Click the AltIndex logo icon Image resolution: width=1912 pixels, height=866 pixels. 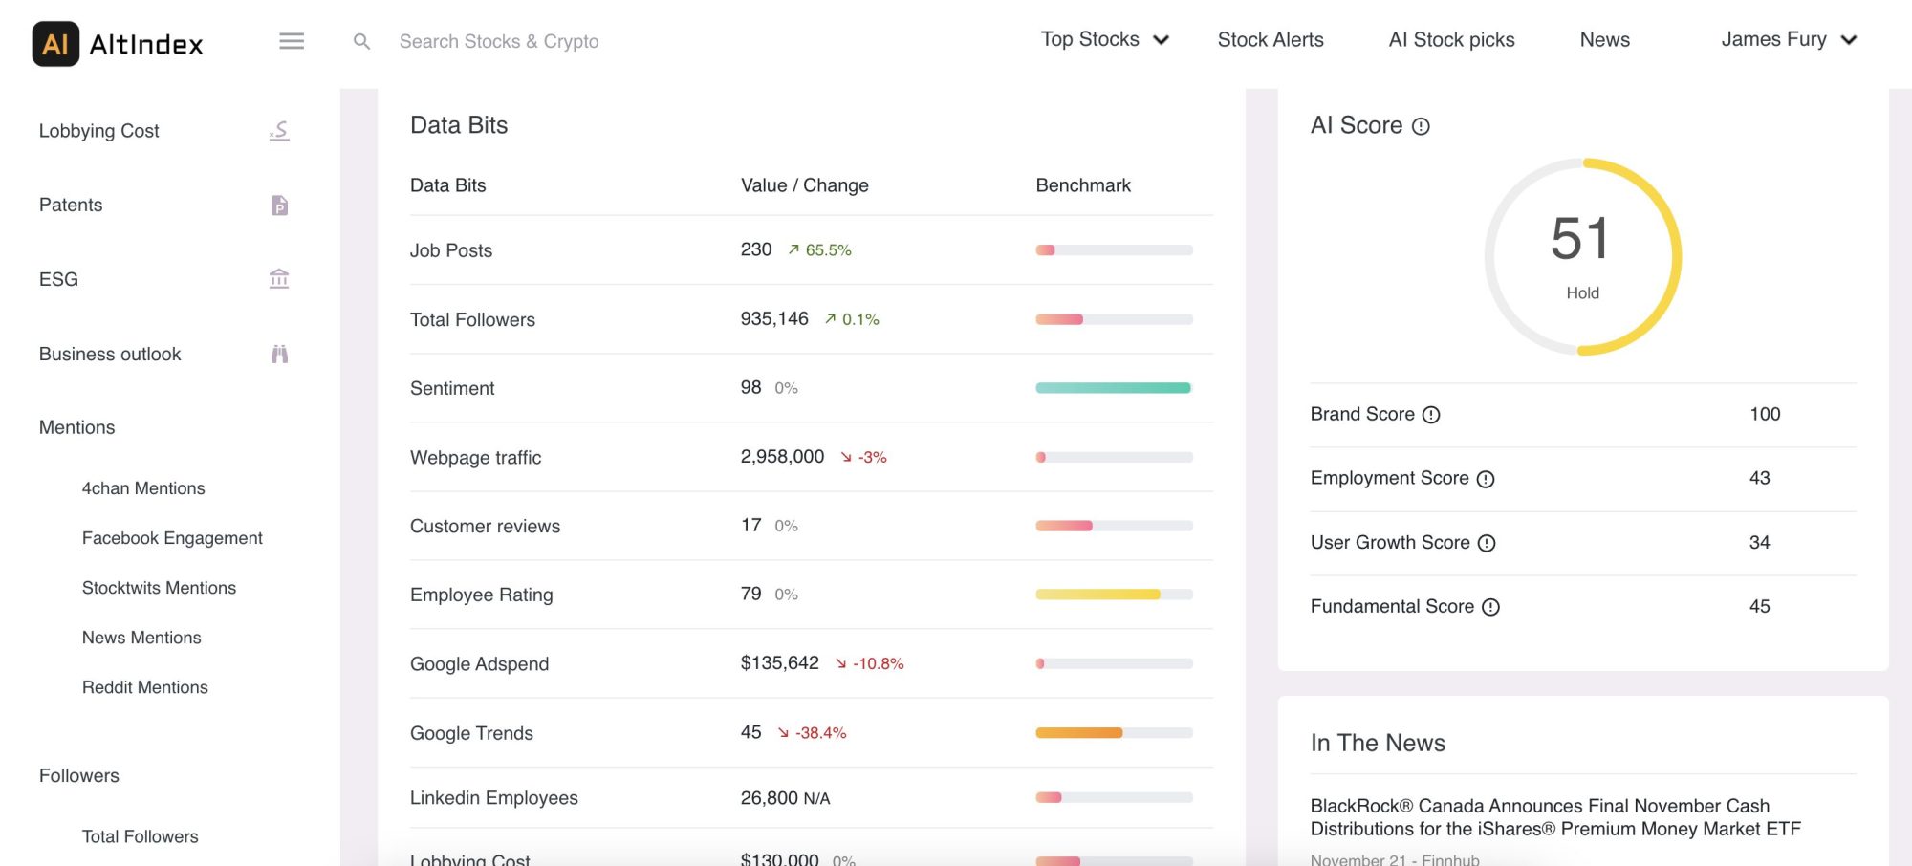point(55,44)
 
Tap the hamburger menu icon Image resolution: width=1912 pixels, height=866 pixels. point(292,41)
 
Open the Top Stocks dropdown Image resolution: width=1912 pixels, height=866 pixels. point(1104,40)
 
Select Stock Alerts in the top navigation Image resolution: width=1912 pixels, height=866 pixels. point(1271,40)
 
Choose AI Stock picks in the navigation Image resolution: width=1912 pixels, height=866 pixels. point(1451,40)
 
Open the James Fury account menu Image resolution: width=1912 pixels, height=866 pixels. point(1788,40)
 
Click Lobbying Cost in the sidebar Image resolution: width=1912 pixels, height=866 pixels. point(99,131)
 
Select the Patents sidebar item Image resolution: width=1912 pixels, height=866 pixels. point(71,205)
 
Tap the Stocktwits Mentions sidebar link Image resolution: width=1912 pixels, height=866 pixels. point(159,588)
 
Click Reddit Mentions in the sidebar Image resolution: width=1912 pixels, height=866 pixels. point(145,687)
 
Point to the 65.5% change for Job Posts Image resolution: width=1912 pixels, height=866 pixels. point(828,250)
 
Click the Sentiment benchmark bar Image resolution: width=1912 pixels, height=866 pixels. point(1114,388)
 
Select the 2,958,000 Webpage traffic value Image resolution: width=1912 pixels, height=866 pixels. point(782,457)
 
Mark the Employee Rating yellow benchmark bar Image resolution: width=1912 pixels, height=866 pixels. point(1098,595)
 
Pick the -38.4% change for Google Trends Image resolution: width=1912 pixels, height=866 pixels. point(820,733)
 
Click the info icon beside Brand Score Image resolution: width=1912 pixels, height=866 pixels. point(1431,415)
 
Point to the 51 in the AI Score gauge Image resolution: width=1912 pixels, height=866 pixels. point(1581,239)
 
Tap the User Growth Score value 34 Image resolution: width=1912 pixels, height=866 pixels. point(1759,542)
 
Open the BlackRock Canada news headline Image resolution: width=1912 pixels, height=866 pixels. point(1555,817)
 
